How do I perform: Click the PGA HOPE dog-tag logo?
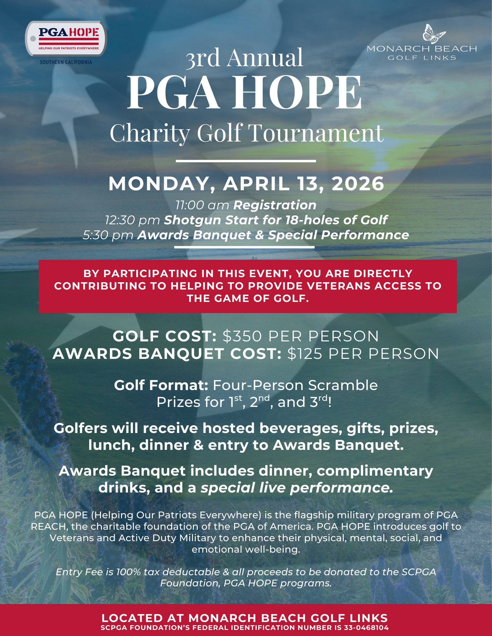[x=66, y=39]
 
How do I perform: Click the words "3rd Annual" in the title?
[x=245, y=58]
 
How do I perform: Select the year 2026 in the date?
[x=358, y=184]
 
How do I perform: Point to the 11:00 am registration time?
[x=202, y=205]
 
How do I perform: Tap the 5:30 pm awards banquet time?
[x=108, y=235]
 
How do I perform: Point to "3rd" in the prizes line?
[x=318, y=402]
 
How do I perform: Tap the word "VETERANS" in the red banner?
[x=341, y=286]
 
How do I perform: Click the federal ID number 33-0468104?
[x=366, y=628]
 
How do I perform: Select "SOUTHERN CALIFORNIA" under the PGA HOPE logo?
[x=66, y=62]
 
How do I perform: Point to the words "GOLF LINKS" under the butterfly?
[x=422, y=58]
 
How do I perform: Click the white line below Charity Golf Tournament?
[x=246, y=161]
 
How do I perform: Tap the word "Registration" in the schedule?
[x=275, y=205]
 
